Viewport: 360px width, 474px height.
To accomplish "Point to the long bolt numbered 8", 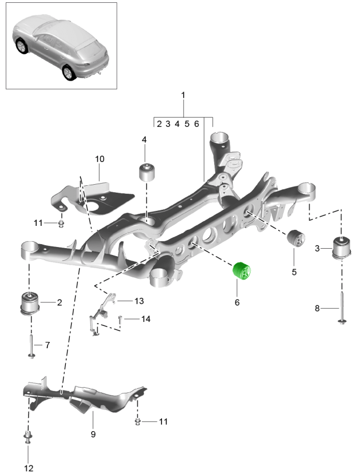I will (x=341, y=309).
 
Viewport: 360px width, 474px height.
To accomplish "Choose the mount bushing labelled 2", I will (x=30, y=302).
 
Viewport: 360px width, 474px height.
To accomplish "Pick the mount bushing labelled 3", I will (x=341, y=247).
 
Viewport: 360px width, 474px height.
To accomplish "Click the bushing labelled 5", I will (x=295, y=240).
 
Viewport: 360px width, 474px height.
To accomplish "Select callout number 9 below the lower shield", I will (x=93, y=435).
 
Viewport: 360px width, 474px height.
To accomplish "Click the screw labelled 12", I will (x=27, y=440).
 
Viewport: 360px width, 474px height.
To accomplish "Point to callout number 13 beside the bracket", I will (x=139, y=301).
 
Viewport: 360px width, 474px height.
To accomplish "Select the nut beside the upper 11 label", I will (x=61, y=224).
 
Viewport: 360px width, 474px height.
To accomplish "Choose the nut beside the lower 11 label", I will (x=139, y=422).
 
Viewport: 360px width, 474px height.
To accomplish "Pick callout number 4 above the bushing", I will (x=144, y=139).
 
